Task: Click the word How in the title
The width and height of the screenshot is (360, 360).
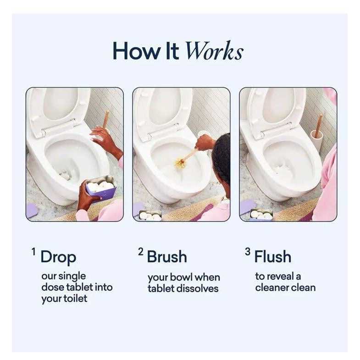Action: tap(131, 51)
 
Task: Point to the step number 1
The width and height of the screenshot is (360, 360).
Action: tap(33, 251)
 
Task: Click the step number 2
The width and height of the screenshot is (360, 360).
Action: tap(140, 251)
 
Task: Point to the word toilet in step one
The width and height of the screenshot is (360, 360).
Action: tap(76, 299)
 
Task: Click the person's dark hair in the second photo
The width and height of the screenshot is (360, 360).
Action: tap(222, 158)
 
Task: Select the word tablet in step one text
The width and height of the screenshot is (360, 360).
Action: tap(81, 288)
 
